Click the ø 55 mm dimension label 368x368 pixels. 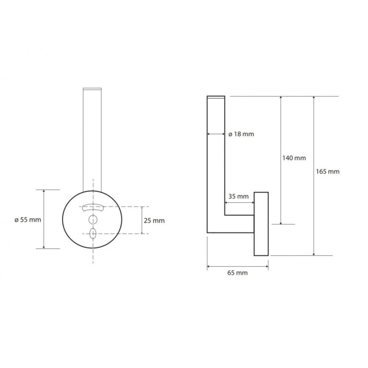click(x=28, y=220)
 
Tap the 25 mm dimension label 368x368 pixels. click(x=154, y=221)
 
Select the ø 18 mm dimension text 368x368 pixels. click(x=241, y=134)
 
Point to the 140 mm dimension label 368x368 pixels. click(x=294, y=158)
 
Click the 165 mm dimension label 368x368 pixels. click(x=328, y=172)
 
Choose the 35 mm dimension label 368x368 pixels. click(x=238, y=196)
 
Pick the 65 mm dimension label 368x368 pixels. click(x=237, y=273)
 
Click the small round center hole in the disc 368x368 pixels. click(x=93, y=220)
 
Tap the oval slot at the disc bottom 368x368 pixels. click(x=93, y=233)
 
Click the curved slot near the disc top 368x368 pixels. click(x=93, y=208)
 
